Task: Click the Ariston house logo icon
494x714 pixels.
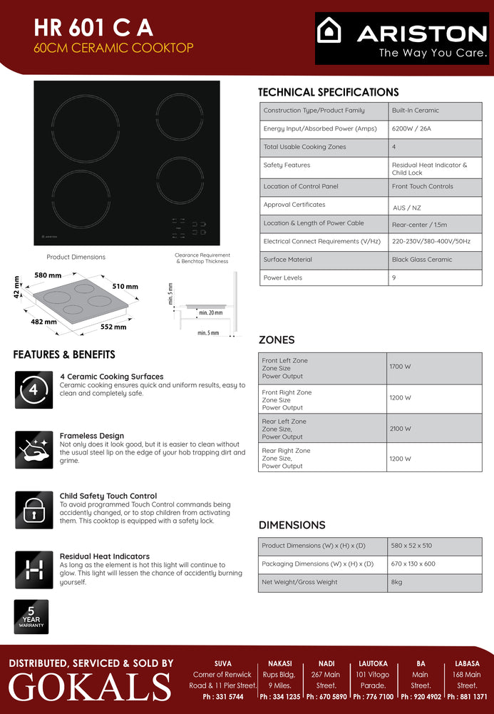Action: pos(329,31)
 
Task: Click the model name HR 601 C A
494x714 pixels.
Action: pos(93,28)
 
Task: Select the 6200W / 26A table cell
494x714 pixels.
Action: pos(412,128)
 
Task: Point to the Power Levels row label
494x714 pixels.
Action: pos(283,277)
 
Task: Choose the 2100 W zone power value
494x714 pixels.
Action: pos(400,429)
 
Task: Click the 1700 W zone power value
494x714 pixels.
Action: pos(400,367)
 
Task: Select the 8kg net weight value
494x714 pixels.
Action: pos(396,582)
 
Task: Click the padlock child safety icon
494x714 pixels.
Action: pos(34,509)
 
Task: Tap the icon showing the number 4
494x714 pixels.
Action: pos(34,389)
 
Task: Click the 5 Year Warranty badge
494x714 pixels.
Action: pos(31,616)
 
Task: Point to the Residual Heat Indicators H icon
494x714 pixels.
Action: pos(34,569)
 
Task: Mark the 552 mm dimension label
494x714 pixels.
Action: pos(113,327)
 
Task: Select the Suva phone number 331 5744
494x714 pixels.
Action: pos(222,697)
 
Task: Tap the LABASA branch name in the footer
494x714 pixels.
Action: pos(467,663)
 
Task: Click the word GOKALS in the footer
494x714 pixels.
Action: pos(90,687)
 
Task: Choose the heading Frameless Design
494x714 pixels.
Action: pos(92,436)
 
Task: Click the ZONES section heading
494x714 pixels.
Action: pos(276,340)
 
